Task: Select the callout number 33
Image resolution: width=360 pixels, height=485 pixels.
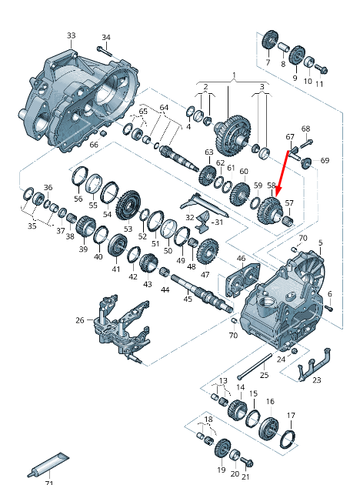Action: tap(71, 35)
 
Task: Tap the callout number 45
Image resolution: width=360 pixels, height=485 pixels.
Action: tap(188, 299)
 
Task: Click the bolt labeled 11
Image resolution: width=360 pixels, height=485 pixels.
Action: tap(322, 70)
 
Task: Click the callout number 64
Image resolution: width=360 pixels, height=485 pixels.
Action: tap(163, 107)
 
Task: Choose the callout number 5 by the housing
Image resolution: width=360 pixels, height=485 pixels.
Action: tap(321, 242)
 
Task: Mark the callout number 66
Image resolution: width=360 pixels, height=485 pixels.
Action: tap(94, 144)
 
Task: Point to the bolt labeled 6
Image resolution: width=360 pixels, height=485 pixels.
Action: tap(327, 307)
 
